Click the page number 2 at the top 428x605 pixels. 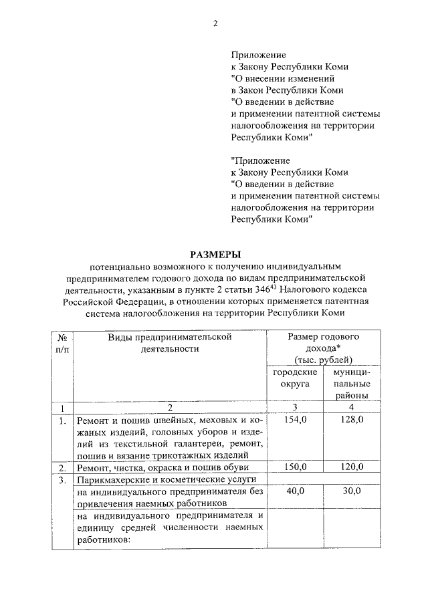pos(215,25)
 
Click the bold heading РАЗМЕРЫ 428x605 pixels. pos(215,254)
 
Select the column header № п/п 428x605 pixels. pos(62,343)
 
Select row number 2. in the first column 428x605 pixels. pos(62,467)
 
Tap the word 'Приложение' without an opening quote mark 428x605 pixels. pos(259,54)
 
